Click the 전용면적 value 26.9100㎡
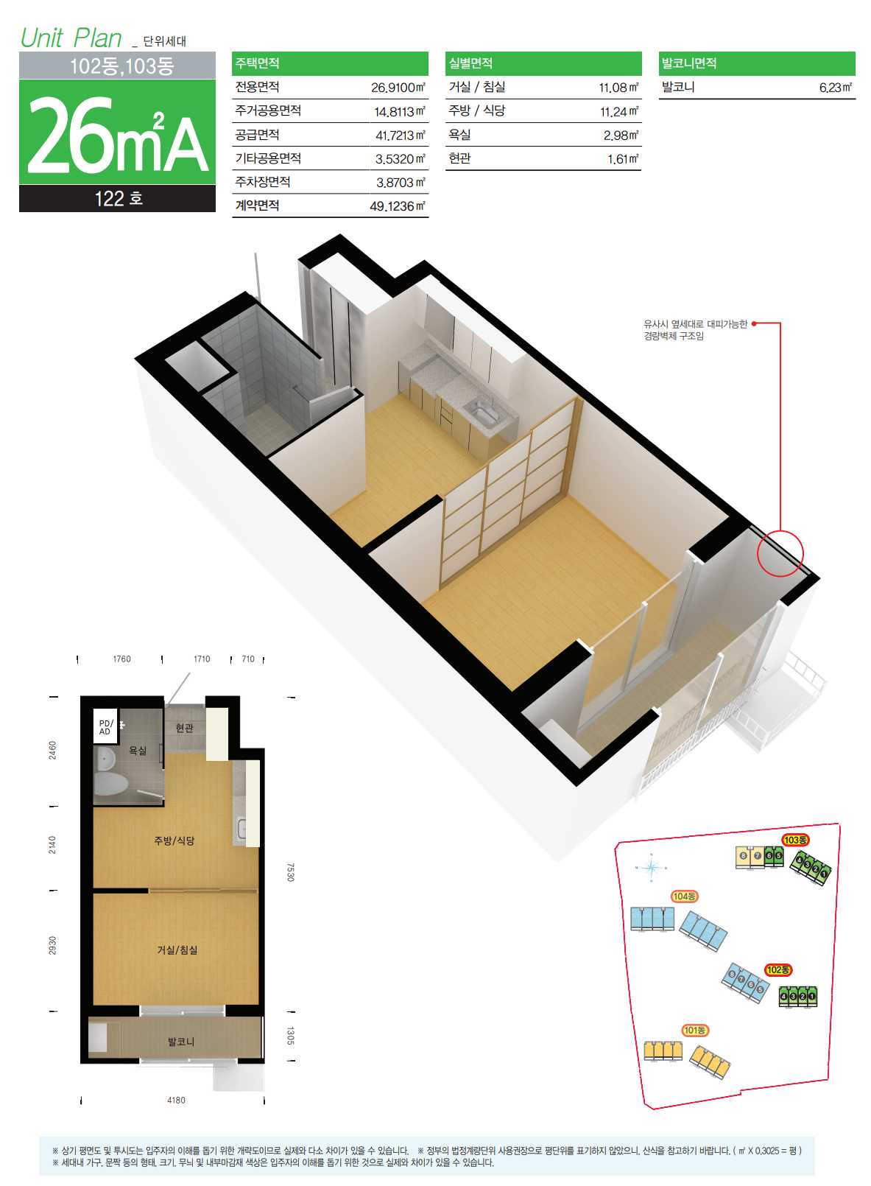click(x=398, y=88)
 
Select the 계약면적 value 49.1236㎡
click(x=398, y=206)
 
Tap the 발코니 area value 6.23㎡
click(x=836, y=88)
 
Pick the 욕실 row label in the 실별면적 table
click(x=459, y=135)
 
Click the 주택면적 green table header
click(x=330, y=63)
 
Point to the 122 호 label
click(x=118, y=199)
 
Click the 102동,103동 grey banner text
click(x=121, y=66)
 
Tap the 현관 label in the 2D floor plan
click(x=184, y=728)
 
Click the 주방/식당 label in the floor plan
click(x=174, y=841)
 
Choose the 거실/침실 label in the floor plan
click(x=177, y=950)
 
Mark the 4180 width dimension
click(x=176, y=1101)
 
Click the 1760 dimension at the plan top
click(x=121, y=659)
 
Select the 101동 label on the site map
click(x=695, y=1031)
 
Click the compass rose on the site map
click(x=651, y=868)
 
